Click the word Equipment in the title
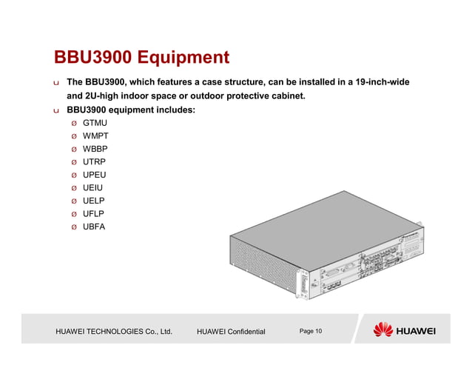pyautogui.click(x=184, y=58)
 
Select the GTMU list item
pyautogui.click(x=94, y=124)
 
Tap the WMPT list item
pyautogui.click(x=95, y=136)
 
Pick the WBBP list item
pyautogui.click(x=95, y=149)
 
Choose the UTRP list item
pyautogui.click(x=94, y=161)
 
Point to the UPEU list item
pyautogui.click(x=94, y=175)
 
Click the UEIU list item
pyautogui.click(x=92, y=187)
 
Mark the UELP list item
pyautogui.click(x=93, y=201)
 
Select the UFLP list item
pyautogui.click(x=93, y=213)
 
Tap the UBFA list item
pyautogui.click(x=94, y=226)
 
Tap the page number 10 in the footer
pyautogui.click(x=318, y=330)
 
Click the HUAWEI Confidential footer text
pyautogui.click(x=231, y=331)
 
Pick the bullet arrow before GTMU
pyautogui.click(x=73, y=124)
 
